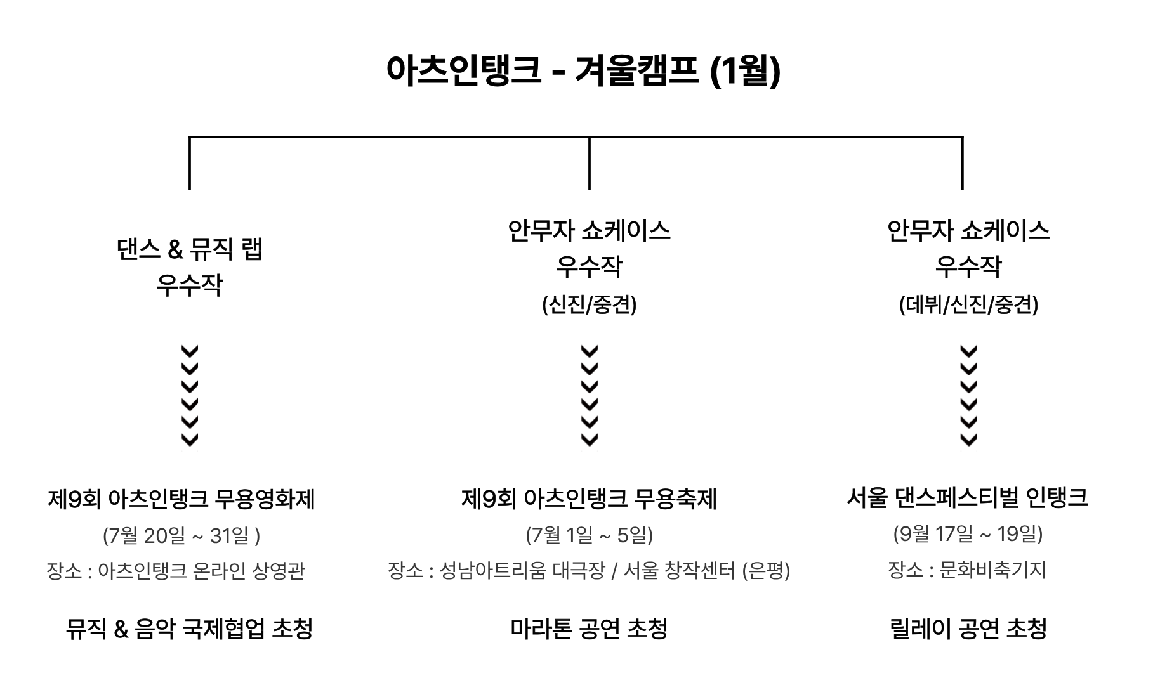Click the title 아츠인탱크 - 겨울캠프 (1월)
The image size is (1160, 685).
click(x=583, y=70)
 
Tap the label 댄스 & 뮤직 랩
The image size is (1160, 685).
click(x=190, y=249)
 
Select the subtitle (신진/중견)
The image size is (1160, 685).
click(x=589, y=305)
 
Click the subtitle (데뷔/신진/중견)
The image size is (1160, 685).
click(x=968, y=305)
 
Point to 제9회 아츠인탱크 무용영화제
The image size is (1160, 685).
click(x=181, y=499)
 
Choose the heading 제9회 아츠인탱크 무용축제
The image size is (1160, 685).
click(x=589, y=499)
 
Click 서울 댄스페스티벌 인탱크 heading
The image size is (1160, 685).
click(x=967, y=497)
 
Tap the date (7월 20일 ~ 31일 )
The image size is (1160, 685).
click(x=181, y=536)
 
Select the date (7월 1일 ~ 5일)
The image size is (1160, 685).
click(x=589, y=535)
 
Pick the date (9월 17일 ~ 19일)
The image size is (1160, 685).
click(x=968, y=534)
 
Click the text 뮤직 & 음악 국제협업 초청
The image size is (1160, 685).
click(x=189, y=629)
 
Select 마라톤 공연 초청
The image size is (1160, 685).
click(x=589, y=629)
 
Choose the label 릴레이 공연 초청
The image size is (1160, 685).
click(x=968, y=629)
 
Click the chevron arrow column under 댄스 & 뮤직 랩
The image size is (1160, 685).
click(x=190, y=396)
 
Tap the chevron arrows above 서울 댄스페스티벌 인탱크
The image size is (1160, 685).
click(x=968, y=396)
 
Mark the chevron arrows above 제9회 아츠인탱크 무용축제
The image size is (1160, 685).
click(x=590, y=396)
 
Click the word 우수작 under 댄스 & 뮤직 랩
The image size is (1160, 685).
click(x=190, y=285)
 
